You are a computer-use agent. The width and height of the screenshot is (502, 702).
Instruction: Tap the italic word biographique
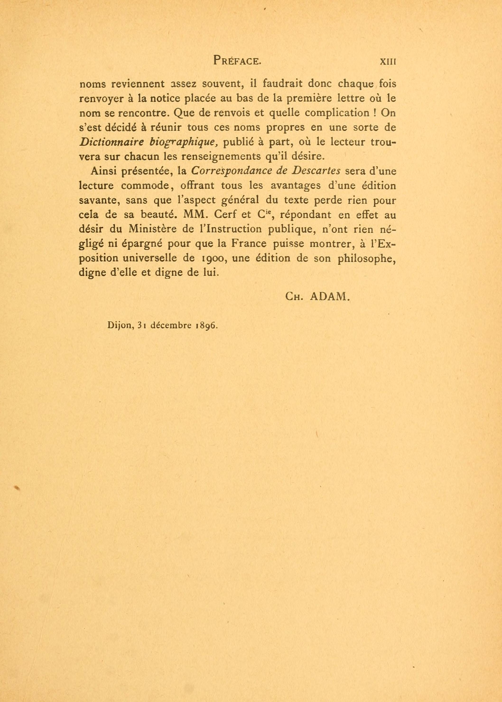pos(184,143)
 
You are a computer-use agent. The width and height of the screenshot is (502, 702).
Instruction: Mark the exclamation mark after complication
pos(374,113)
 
